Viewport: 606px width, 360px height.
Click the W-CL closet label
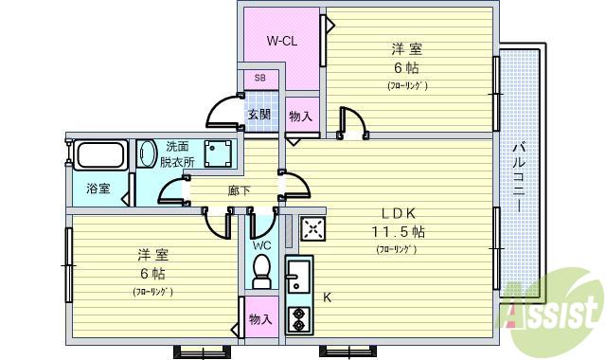[x=283, y=41]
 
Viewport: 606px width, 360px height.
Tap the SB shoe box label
[x=259, y=78]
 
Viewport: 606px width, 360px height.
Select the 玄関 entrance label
[x=258, y=115]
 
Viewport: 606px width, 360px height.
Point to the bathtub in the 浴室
[x=102, y=154]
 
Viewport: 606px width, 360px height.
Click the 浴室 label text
[x=98, y=189]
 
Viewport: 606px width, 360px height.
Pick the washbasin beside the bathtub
[x=147, y=153]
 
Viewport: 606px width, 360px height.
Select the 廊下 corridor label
[x=239, y=190]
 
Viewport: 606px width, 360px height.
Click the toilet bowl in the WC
[x=262, y=276]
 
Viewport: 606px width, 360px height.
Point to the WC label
[x=261, y=245]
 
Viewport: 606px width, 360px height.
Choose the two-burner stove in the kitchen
[x=298, y=318]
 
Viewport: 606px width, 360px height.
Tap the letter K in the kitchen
[x=327, y=297]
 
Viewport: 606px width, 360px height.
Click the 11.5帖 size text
[x=397, y=231]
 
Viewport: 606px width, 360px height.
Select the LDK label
[x=397, y=212]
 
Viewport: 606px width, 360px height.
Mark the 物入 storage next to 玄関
[x=302, y=116]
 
